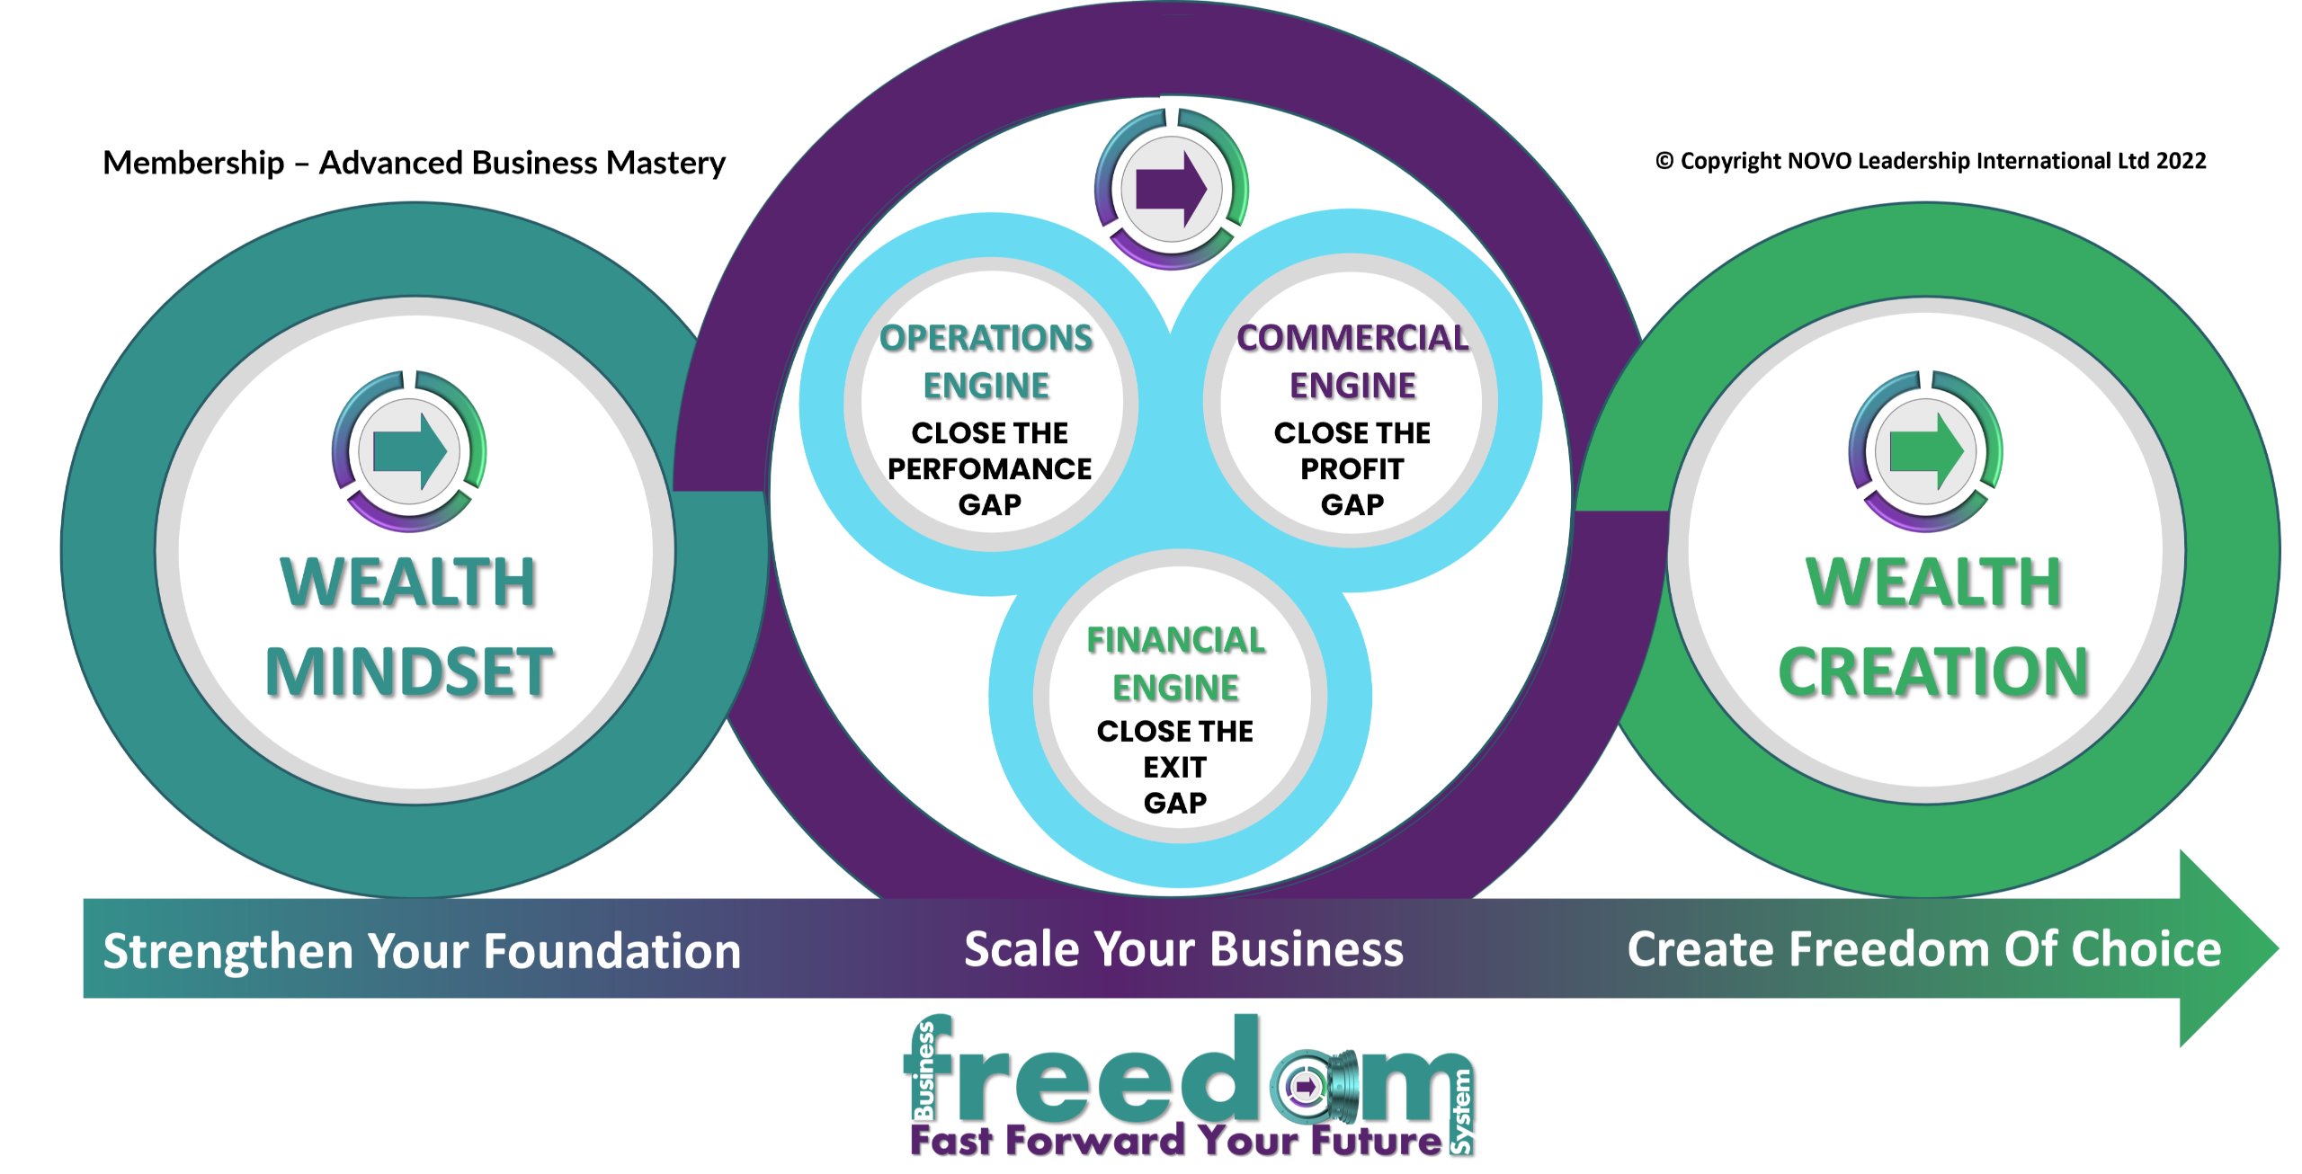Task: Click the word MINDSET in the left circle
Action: coord(409,672)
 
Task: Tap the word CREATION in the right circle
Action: coord(1932,672)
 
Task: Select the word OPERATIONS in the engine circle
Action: coord(986,338)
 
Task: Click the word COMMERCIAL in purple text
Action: coord(1352,338)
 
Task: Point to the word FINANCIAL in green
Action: coord(1175,640)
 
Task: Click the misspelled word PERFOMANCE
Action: coord(989,468)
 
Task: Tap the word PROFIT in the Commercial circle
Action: coord(1352,468)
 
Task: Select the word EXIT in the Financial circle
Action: coord(1174,767)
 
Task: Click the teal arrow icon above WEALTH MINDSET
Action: coord(409,450)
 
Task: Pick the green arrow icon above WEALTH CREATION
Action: coord(1925,450)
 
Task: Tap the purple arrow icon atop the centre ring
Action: coord(1172,189)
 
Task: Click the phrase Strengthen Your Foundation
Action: coord(422,951)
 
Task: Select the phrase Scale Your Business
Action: coord(1183,949)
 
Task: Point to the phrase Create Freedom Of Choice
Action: coord(1923,949)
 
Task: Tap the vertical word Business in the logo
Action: coord(923,1070)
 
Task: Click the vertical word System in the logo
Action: coord(1463,1111)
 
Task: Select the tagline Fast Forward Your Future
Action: coord(1175,1140)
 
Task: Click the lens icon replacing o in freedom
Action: coord(1305,1088)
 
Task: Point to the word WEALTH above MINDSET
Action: coord(408,583)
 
